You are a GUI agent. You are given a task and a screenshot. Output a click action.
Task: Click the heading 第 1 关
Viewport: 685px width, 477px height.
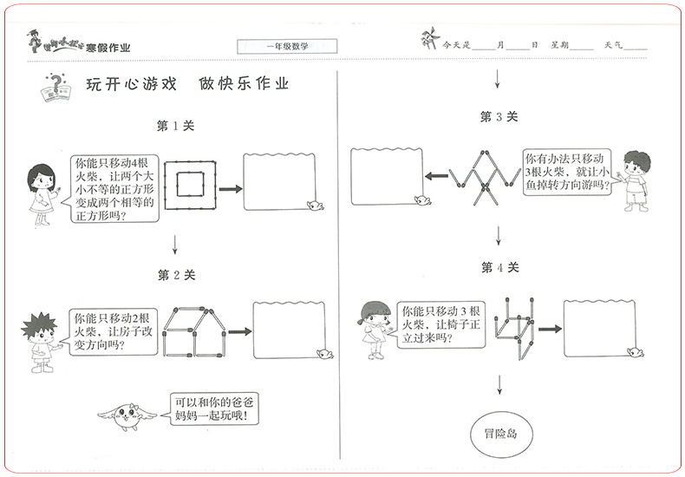tap(175, 126)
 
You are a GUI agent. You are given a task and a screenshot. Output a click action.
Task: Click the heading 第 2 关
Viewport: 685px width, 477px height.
tap(176, 275)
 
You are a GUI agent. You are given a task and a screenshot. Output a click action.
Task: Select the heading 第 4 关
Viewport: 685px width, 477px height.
tap(499, 268)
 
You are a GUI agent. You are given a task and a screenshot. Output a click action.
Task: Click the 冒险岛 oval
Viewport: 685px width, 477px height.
tap(501, 431)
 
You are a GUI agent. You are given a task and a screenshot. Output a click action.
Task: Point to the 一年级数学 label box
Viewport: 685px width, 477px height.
tap(287, 46)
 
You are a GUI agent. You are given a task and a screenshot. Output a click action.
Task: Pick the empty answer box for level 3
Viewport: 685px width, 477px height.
tap(386, 177)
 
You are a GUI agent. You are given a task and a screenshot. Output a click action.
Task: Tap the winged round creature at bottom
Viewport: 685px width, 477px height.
tap(129, 412)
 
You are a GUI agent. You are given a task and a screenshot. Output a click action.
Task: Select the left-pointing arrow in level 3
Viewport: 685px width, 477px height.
tap(436, 178)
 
